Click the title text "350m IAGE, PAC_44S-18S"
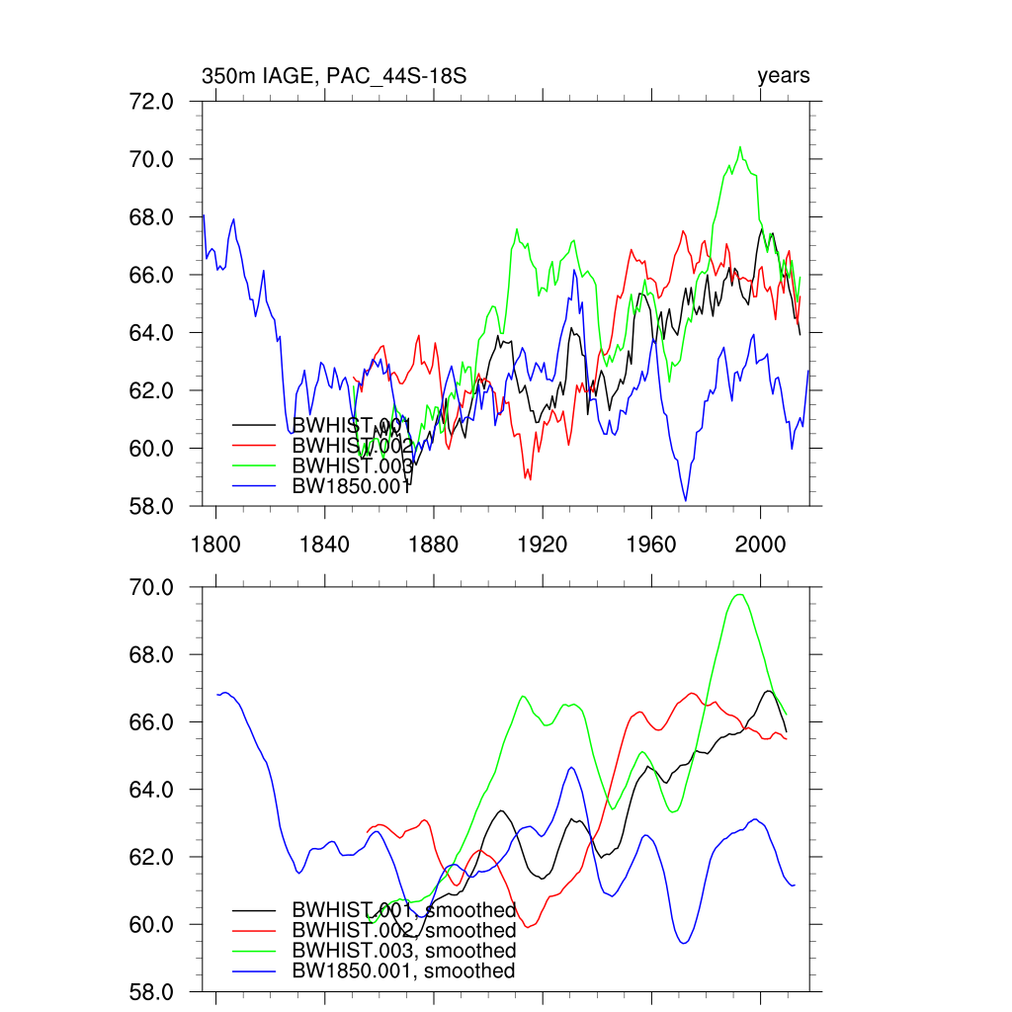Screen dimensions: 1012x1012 [x=333, y=76]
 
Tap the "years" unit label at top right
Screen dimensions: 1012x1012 [x=783, y=76]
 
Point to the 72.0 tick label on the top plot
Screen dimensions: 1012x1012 [x=153, y=102]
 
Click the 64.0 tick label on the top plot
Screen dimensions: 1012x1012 [x=153, y=333]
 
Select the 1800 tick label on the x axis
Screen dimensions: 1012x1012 [x=214, y=543]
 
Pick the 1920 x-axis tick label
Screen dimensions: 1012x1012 [x=542, y=543]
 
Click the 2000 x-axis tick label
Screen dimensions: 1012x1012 [x=760, y=543]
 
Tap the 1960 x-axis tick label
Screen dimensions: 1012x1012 [x=651, y=543]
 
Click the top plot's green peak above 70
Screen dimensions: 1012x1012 [x=739, y=147]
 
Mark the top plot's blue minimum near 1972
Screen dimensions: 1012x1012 [x=685, y=500]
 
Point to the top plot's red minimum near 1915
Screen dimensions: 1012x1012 [x=528, y=479]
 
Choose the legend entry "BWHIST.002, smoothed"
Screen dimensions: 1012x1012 [x=403, y=930]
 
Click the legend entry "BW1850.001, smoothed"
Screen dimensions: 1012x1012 [x=403, y=970]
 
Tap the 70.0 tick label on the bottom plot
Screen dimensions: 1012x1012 [x=153, y=588]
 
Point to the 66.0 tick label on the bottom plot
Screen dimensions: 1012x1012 [x=153, y=722]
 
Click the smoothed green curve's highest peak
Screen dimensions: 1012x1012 [x=738, y=594]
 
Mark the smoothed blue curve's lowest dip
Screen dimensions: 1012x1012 [x=683, y=943]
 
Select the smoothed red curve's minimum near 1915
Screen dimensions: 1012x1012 [x=530, y=927]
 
